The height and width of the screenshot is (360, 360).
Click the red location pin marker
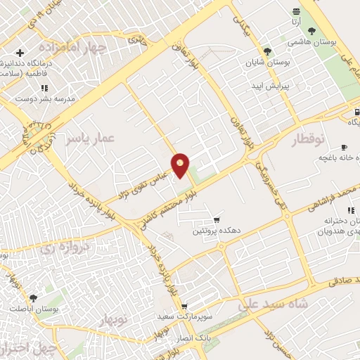tap(181, 165)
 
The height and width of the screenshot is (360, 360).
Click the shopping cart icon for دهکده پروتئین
tap(217, 219)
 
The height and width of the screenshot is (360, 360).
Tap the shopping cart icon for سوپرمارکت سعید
tap(184, 307)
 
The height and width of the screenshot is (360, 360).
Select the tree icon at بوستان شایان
tap(267, 51)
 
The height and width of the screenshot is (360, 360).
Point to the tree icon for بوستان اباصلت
tap(33, 298)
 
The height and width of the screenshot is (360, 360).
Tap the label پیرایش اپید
tap(268, 85)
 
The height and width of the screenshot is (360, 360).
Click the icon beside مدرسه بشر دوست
tap(44, 88)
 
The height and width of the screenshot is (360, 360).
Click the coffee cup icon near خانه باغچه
tap(344, 147)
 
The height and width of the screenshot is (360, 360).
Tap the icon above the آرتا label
tap(297, 11)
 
